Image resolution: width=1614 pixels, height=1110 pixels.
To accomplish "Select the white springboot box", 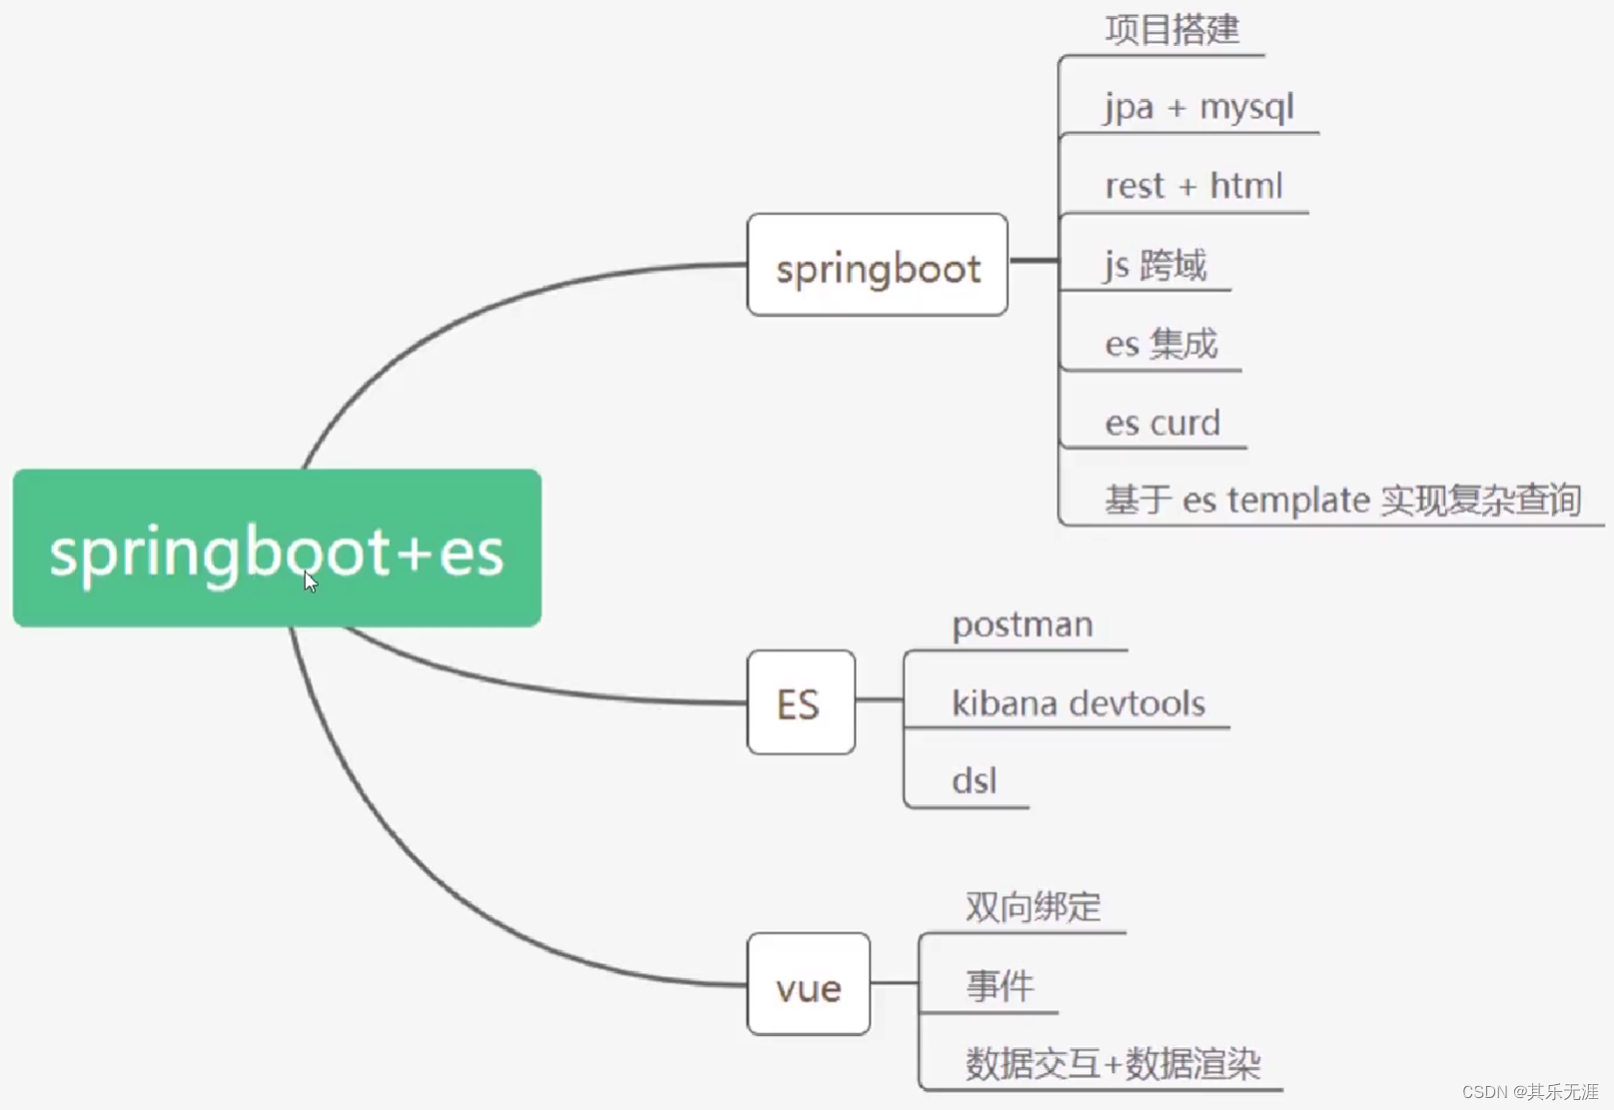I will tap(877, 266).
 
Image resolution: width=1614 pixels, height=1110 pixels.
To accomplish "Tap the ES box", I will tap(800, 703).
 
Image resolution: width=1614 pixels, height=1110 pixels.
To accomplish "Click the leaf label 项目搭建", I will tap(1172, 29).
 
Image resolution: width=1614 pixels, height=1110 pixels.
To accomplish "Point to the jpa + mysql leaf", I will tap(1199, 107).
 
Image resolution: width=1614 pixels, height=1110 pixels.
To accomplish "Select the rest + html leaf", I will tap(1194, 186).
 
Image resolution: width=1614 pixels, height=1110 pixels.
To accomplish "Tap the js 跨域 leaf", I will tap(1156, 266).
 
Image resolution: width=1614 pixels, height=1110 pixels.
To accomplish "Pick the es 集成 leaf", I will tap(1161, 344).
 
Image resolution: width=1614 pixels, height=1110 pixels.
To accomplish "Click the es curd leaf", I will tap(1163, 423).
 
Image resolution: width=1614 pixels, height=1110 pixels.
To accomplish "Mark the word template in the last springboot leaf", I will tap(1298, 500).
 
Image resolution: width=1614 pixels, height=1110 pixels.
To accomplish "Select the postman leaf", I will tap(1022, 624).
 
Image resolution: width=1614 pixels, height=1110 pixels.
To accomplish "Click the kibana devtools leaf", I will tap(1078, 703).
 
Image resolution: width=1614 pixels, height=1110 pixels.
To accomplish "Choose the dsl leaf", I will tap(974, 780).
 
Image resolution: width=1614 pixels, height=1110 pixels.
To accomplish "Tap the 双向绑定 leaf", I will tap(1033, 906).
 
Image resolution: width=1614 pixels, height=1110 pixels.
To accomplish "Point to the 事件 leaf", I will tap(999, 986).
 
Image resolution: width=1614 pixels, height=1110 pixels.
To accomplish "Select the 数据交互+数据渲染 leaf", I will tap(1113, 1063).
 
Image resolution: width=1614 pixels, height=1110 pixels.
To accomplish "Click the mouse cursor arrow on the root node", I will tap(311, 581).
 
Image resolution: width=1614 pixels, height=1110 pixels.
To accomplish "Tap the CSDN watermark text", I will tap(1530, 1091).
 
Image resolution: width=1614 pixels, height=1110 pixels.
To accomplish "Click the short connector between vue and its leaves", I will tap(894, 983).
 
